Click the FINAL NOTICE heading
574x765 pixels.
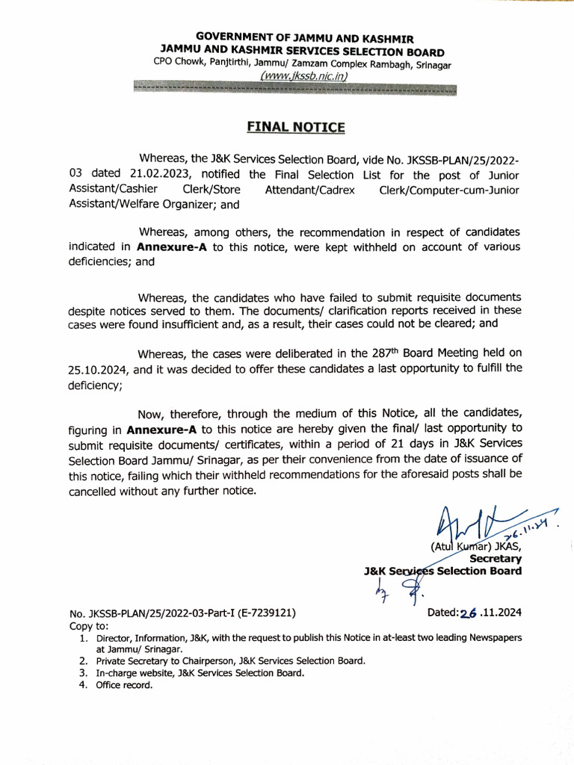296,127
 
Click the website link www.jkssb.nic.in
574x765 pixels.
296,75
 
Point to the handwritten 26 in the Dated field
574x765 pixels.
469,613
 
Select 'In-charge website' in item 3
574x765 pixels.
134,673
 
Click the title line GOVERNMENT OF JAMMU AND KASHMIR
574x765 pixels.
304,38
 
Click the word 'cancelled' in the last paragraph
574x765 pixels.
95,491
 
